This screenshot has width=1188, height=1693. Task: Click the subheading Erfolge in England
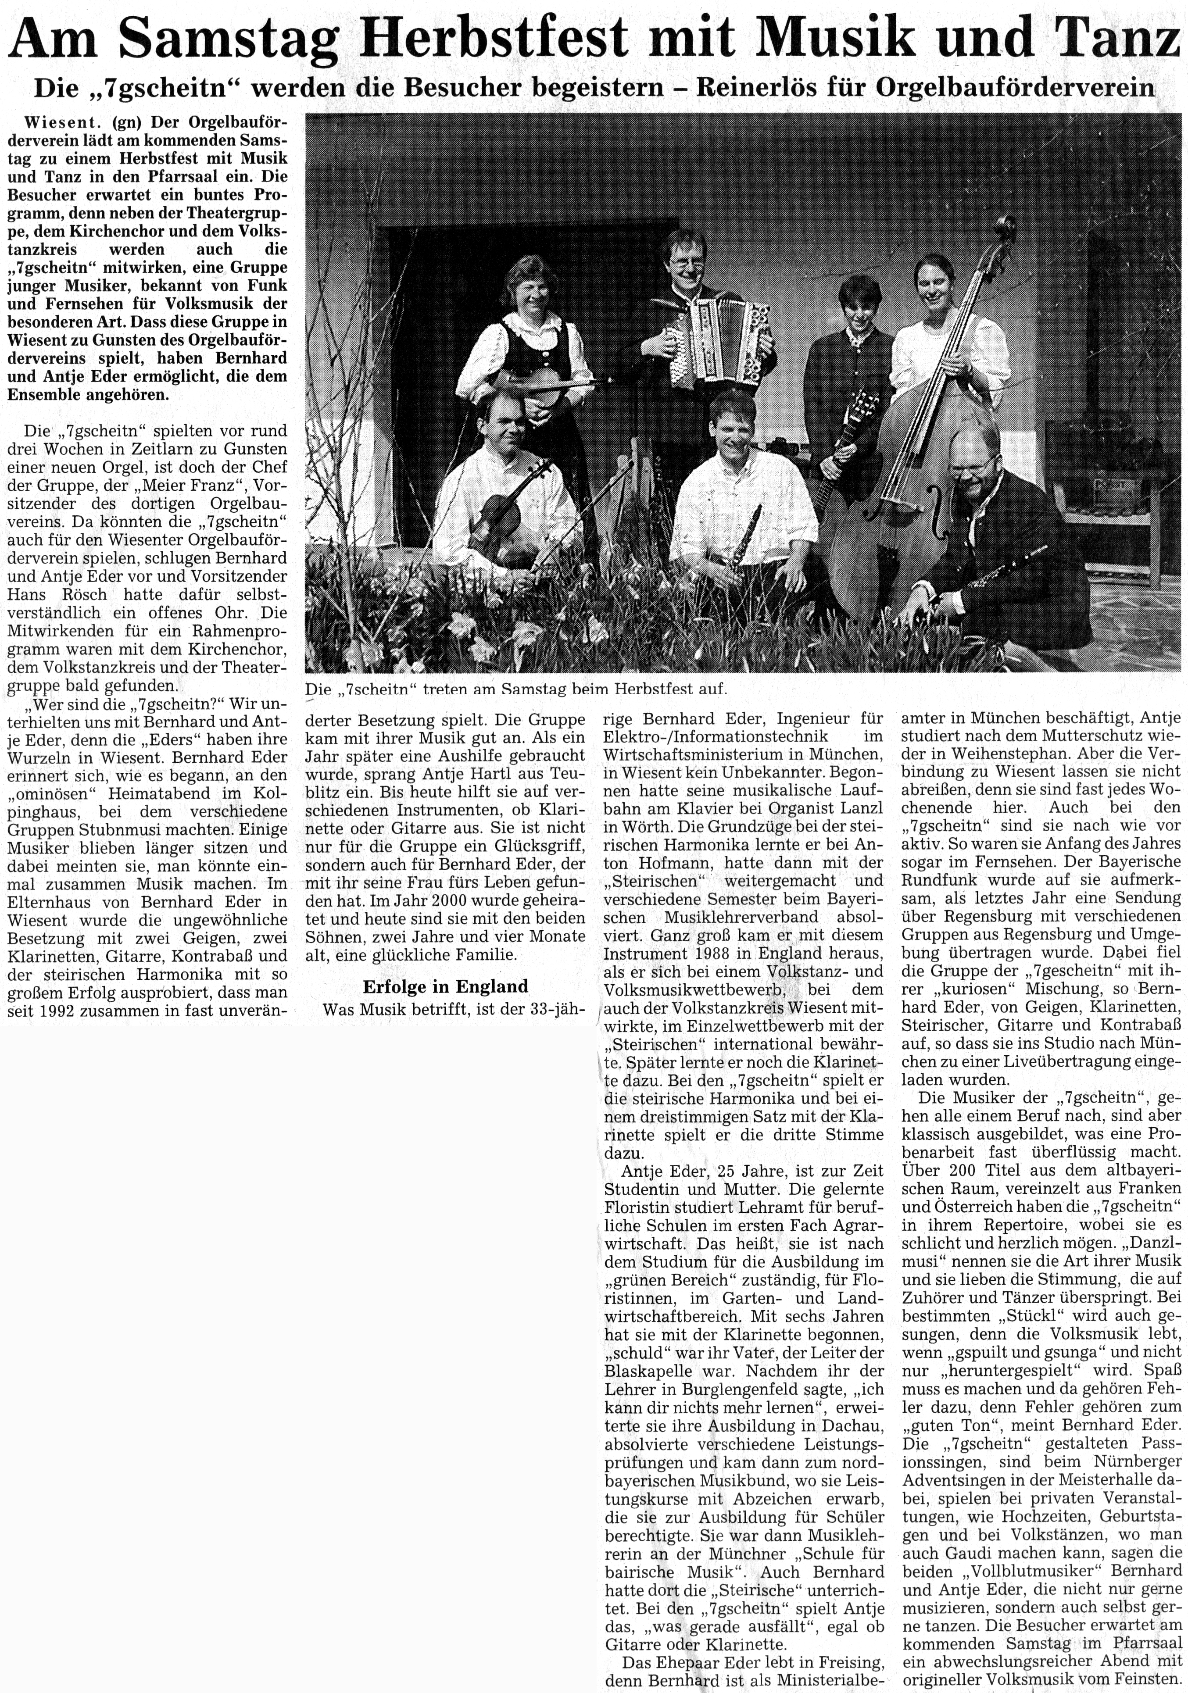[445, 986]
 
